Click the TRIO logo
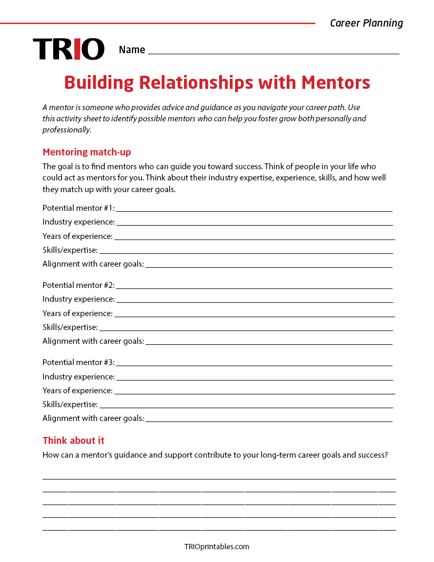click(x=69, y=49)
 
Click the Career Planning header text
click(x=366, y=23)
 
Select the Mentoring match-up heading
click(x=87, y=152)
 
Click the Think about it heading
click(x=73, y=441)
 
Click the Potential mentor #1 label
click(x=78, y=208)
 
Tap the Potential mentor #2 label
click(x=78, y=285)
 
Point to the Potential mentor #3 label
click(x=78, y=362)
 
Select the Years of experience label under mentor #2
click(x=78, y=313)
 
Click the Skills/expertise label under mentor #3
click(x=70, y=404)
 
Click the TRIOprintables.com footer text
click(x=216, y=547)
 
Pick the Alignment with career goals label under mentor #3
click(x=93, y=418)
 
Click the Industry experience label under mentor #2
click(x=79, y=299)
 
